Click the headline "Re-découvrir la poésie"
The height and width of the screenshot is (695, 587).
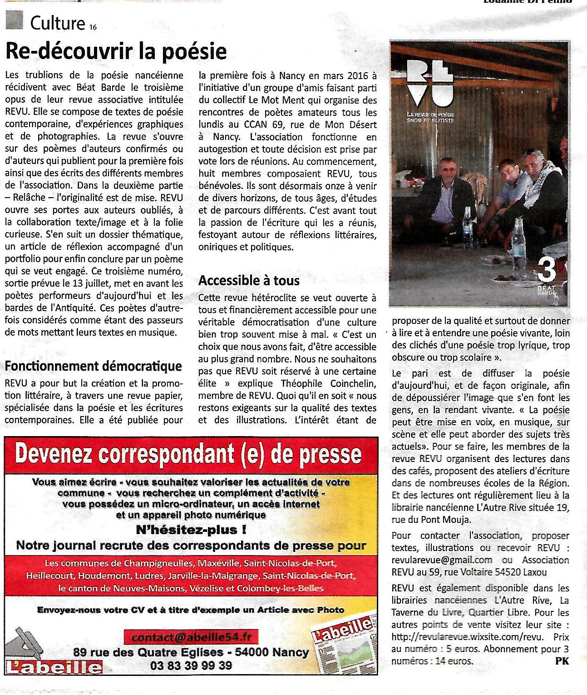(x=116, y=51)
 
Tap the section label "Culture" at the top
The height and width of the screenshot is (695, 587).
(x=57, y=23)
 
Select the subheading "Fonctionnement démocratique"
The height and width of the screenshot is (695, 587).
(x=94, y=366)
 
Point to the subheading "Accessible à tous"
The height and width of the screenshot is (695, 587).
(x=249, y=281)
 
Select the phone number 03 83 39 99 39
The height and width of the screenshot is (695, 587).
(x=191, y=666)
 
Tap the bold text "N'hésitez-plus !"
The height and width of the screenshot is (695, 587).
(x=191, y=530)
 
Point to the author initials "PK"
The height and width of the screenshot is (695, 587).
(x=562, y=661)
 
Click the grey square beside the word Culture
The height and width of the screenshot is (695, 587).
(x=15, y=20)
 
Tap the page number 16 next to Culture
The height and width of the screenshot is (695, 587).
(x=93, y=27)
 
